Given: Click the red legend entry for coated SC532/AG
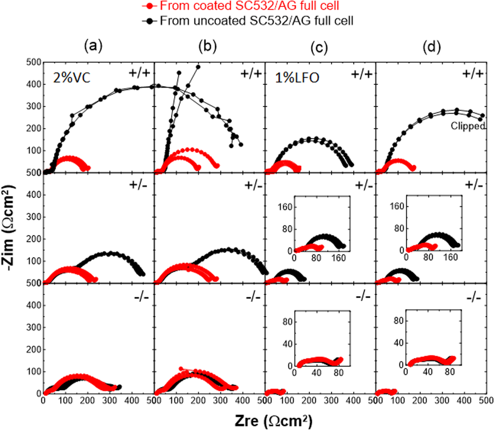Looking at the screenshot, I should coord(249,6).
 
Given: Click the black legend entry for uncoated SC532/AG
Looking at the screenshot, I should coord(256,21).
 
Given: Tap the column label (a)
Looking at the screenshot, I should coord(93,46).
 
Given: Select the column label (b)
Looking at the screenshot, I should coord(207,46).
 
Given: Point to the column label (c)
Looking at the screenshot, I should coord(319,47).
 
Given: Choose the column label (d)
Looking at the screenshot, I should coord(432,47).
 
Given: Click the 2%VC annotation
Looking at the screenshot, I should coord(72,78).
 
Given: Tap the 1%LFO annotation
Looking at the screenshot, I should coord(297,78).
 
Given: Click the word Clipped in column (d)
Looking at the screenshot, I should coord(468,126).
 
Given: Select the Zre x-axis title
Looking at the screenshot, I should coord(274,421).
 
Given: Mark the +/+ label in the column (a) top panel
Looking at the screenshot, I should coord(139,73).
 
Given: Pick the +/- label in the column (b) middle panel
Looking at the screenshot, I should coord(253,185).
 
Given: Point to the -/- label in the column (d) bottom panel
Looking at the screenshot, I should coord(474,298).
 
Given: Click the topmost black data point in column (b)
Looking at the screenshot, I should coord(198,67).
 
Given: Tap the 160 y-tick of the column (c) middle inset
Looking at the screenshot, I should coord(285,207).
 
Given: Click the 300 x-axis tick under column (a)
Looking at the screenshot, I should coord(110,400).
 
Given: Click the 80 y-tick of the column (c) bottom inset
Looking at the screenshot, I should coord(287,322).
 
